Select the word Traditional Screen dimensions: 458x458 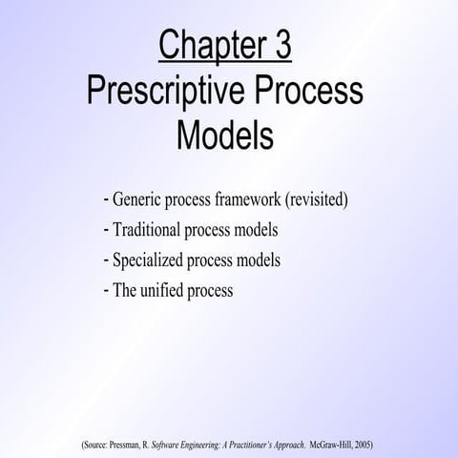click(148, 231)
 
